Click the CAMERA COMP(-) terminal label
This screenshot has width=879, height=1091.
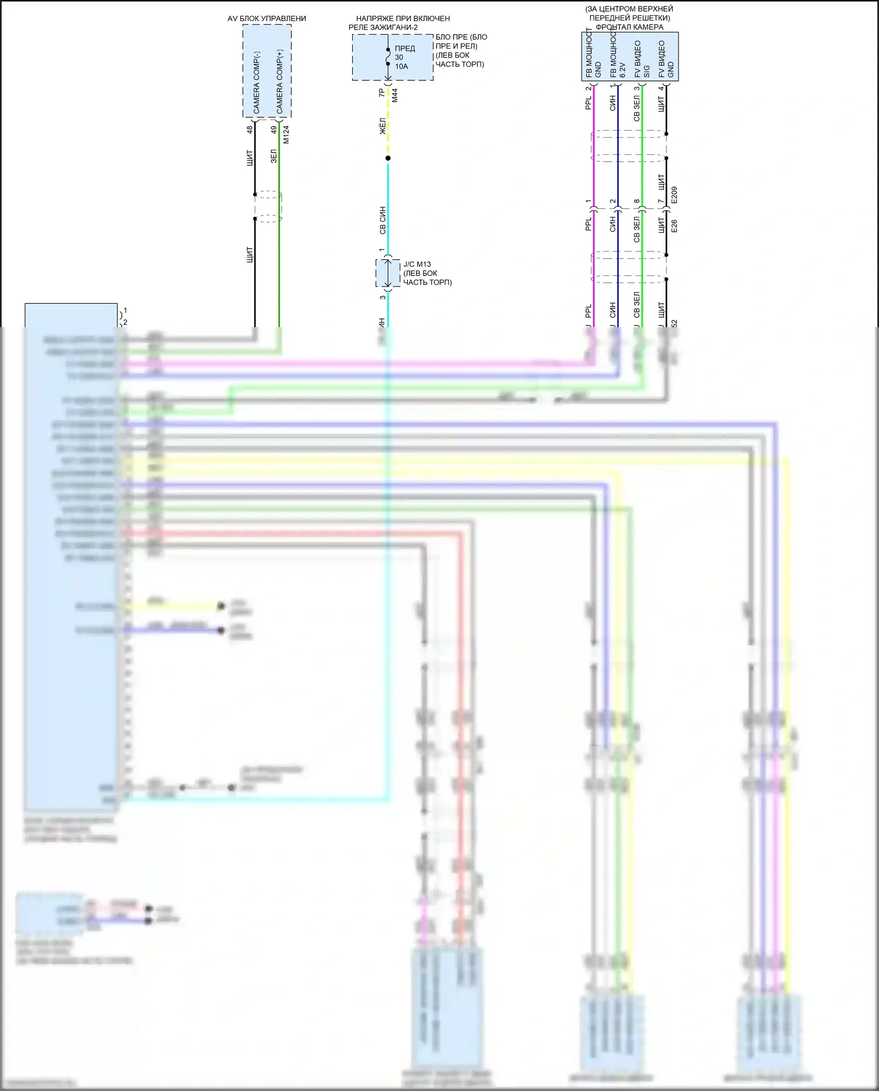tap(257, 82)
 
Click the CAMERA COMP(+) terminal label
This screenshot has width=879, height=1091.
tap(280, 82)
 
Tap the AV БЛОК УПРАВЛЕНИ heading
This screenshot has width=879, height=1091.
tap(267, 19)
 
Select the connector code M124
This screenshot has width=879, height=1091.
tap(286, 134)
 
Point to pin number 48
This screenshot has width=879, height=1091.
tap(250, 130)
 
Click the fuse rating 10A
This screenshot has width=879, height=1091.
tap(401, 66)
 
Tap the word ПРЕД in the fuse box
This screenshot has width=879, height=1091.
tap(405, 48)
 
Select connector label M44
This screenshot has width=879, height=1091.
tap(395, 95)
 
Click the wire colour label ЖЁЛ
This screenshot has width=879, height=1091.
tap(382, 126)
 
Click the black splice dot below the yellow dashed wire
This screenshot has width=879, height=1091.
tap(388, 158)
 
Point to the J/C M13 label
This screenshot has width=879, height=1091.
tap(417, 264)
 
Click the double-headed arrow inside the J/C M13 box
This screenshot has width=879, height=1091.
tap(388, 273)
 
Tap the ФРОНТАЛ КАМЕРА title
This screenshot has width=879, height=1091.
tap(629, 27)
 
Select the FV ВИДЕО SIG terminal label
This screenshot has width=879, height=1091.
tap(642, 59)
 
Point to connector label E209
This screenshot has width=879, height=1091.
tap(674, 195)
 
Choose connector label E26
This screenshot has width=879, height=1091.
tap(674, 226)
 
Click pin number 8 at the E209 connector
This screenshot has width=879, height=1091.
tap(636, 201)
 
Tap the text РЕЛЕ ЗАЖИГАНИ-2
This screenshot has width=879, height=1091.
tap(383, 28)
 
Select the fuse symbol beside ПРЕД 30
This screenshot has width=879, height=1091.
tap(388, 57)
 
